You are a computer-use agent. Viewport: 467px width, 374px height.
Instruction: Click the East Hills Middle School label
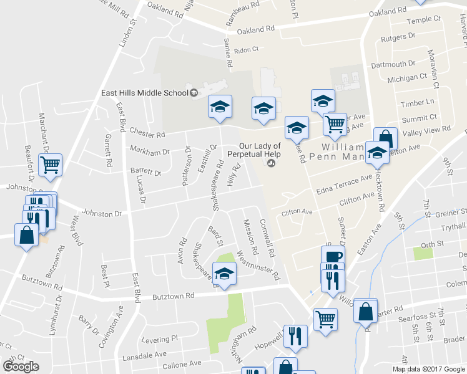click(x=145, y=93)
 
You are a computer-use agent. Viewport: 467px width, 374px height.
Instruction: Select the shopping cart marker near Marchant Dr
click(x=50, y=165)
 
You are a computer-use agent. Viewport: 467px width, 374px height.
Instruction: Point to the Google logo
click(x=21, y=367)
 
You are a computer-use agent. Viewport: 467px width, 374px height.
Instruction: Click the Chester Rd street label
click(x=147, y=132)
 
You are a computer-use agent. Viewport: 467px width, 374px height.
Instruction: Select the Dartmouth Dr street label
click(x=393, y=64)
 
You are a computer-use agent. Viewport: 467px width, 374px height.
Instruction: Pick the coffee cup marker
click(x=333, y=256)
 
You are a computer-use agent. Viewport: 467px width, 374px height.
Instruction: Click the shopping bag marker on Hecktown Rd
click(x=385, y=139)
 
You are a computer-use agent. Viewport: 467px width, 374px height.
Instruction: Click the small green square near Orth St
click(x=422, y=254)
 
